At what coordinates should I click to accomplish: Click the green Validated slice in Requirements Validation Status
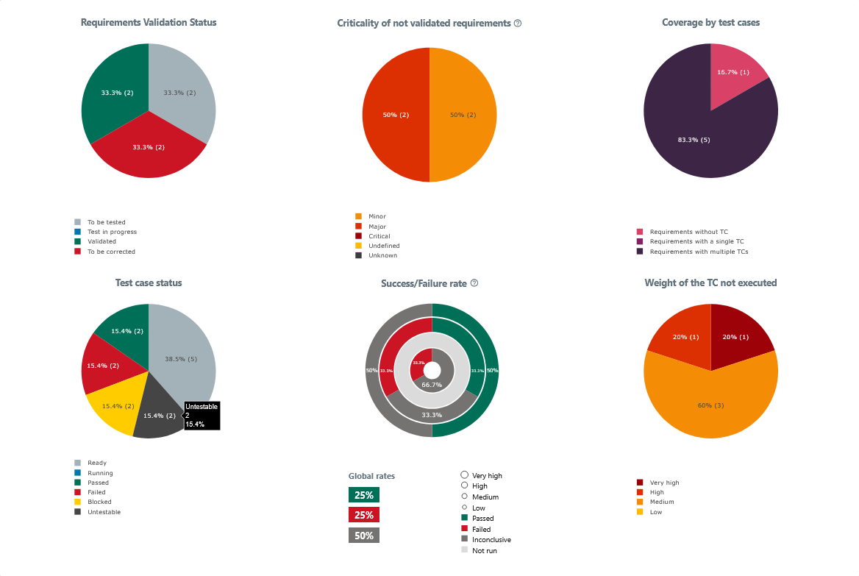pyautogui.click(x=114, y=92)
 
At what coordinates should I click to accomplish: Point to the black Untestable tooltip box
pyautogui.click(x=202, y=416)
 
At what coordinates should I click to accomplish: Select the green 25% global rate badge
pyautogui.click(x=363, y=494)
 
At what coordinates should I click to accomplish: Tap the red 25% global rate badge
pyautogui.click(x=363, y=515)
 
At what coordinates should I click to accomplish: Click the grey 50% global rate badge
pyautogui.click(x=363, y=536)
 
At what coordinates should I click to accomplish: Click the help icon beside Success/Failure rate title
pyautogui.click(x=474, y=283)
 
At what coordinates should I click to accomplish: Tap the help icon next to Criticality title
pyautogui.click(x=518, y=23)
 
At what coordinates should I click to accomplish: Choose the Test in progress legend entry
pyautogui.click(x=111, y=232)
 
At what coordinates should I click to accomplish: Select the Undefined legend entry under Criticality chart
pyautogui.click(x=383, y=246)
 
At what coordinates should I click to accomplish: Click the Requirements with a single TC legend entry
pyautogui.click(x=696, y=241)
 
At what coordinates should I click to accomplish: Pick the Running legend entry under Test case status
pyautogui.click(x=100, y=473)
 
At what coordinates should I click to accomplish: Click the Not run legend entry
pyautogui.click(x=484, y=550)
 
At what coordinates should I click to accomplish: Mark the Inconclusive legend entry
pyautogui.click(x=491, y=539)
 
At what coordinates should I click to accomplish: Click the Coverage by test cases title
pyautogui.click(x=710, y=23)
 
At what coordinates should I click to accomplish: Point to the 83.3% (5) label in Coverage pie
pyautogui.click(x=694, y=140)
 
